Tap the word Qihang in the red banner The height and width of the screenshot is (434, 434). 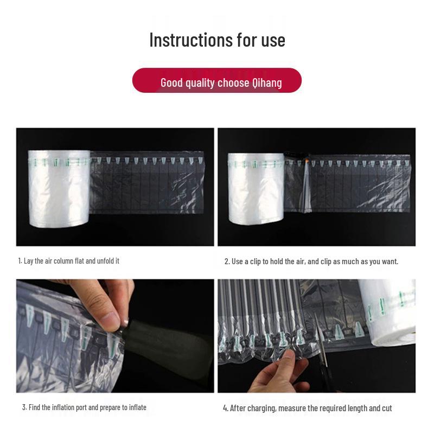click(267, 83)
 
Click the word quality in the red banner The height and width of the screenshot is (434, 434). click(200, 83)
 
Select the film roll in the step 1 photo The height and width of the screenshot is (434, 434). click(59, 188)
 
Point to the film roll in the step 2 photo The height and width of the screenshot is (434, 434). click(256, 188)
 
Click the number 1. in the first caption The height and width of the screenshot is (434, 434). click(20, 261)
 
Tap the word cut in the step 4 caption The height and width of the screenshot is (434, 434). click(387, 409)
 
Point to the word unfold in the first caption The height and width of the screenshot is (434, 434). click(105, 261)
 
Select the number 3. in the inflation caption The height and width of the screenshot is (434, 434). click(24, 407)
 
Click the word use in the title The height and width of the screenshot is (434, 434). click(273, 40)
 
